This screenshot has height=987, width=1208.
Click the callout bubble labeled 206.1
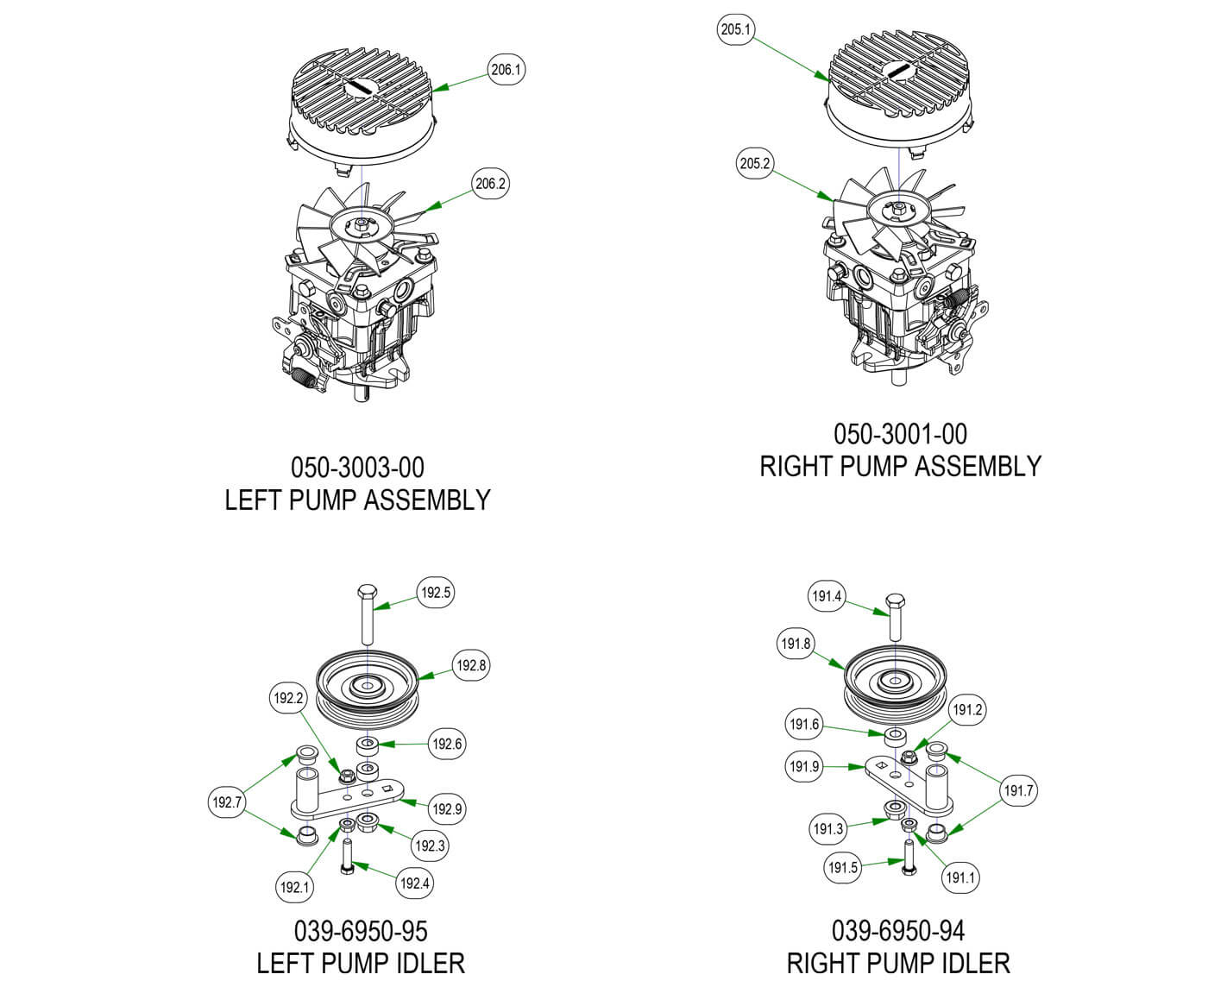(x=506, y=70)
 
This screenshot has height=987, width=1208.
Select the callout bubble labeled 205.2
(x=755, y=164)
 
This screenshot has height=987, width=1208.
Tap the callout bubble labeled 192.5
(x=436, y=593)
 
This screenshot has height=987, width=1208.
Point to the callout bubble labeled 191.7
(x=1018, y=790)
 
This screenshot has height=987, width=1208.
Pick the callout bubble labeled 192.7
(x=227, y=803)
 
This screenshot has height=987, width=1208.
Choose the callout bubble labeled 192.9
(x=447, y=809)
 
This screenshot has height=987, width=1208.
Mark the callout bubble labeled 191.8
(x=796, y=644)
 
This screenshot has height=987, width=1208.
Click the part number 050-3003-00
(x=357, y=468)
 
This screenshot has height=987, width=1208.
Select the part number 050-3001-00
(x=900, y=433)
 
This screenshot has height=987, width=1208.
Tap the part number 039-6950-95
(x=361, y=931)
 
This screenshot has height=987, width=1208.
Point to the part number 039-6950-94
(x=898, y=930)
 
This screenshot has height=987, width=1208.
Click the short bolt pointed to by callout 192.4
(x=347, y=857)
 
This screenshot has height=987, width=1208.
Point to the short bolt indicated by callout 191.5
(x=909, y=858)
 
